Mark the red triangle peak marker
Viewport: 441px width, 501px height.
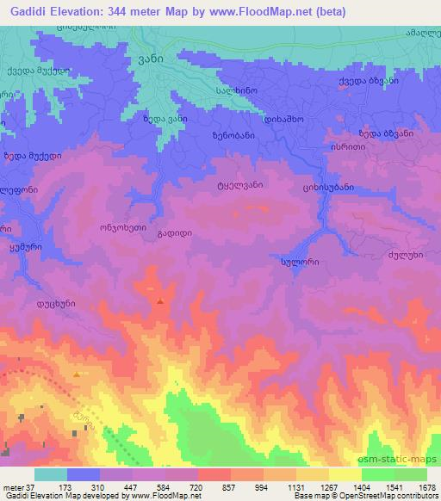(161, 301)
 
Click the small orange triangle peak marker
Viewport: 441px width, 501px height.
(79, 374)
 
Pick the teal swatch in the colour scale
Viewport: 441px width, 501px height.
(51, 474)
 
